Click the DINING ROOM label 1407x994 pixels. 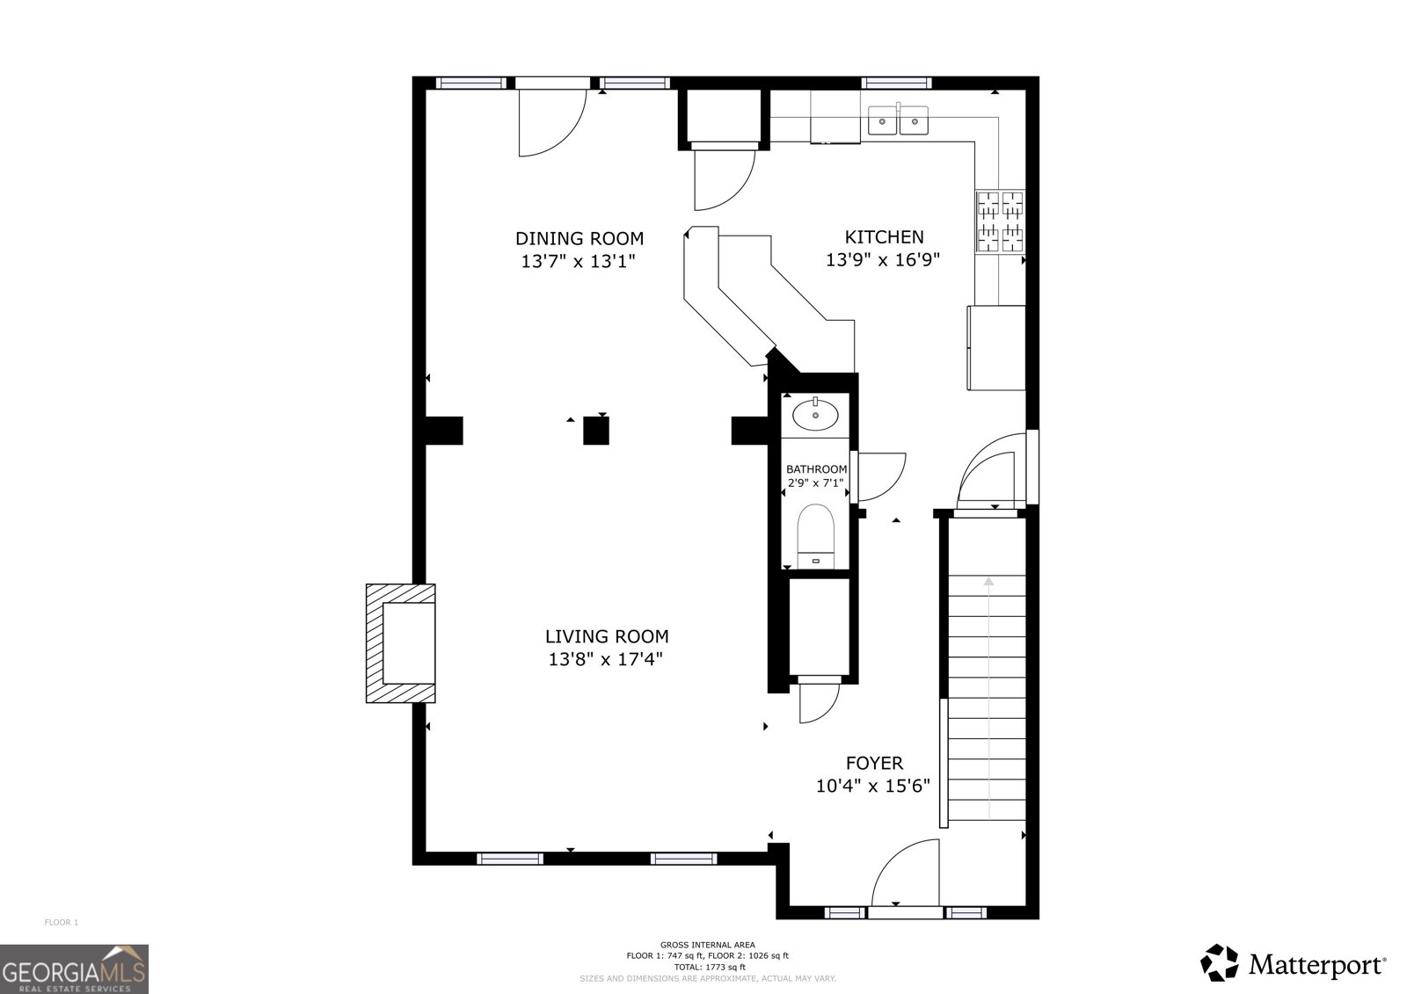click(579, 238)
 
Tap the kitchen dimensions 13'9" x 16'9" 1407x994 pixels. click(883, 260)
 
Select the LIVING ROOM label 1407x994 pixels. click(606, 636)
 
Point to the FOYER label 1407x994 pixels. click(873, 764)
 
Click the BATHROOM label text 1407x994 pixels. click(816, 469)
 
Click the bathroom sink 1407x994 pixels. click(815, 415)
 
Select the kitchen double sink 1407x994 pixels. click(898, 120)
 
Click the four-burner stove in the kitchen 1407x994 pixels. click(1000, 221)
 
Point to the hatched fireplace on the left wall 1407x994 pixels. click(401, 642)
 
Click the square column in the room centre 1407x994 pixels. click(596, 431)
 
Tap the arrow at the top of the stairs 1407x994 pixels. click(988, 581)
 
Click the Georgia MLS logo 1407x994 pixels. click(74, 969)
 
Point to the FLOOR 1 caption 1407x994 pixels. click(62, 922)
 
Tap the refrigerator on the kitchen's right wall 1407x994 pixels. click(995, 347)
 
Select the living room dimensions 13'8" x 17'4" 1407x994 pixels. click(605, 659)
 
